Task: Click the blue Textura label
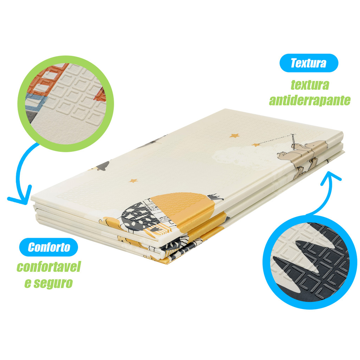[309, 63]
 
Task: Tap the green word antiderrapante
[310, 100]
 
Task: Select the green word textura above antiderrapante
[310, 85]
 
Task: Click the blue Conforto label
[49, 247]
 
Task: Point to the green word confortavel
[49, 266]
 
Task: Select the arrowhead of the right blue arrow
[330, 178]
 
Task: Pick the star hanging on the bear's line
[256, 145]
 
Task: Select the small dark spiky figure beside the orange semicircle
[215, 197]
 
